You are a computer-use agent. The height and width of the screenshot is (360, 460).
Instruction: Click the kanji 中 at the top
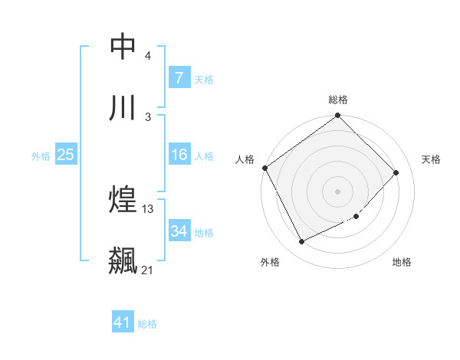(123, 47)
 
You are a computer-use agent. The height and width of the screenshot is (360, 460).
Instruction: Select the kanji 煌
(123, 200)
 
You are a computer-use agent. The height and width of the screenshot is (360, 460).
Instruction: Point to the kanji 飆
(123, 260)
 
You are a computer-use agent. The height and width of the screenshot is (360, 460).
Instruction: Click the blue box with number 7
(179, 77)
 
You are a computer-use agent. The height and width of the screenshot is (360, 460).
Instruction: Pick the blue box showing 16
(179, 155)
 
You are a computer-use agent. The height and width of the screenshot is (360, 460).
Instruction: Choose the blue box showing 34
(179, 231)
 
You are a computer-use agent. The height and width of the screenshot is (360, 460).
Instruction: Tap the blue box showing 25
(65, 155)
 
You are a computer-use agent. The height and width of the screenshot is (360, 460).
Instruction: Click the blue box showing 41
(123, 322)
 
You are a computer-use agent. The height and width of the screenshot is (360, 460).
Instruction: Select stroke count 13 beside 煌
(148, 209)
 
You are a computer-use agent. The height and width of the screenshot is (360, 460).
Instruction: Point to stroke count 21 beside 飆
(148, 270)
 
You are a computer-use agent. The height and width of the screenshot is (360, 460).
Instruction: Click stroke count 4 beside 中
(148, 56)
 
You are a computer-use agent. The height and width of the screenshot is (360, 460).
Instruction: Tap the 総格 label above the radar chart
(338, 100)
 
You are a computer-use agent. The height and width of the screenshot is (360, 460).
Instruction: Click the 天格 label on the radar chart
(432, 159)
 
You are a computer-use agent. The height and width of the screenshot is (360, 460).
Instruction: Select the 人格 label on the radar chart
(245, 159)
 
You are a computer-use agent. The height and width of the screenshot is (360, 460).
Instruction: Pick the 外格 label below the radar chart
(270, 263)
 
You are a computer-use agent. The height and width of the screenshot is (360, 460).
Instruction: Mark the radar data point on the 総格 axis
(338, 116)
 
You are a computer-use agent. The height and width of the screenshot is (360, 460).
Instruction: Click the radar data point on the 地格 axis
(356, 217)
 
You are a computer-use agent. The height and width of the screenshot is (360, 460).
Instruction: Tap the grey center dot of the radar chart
(338, 191)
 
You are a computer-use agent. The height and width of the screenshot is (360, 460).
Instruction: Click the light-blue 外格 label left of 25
(41, 155)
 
